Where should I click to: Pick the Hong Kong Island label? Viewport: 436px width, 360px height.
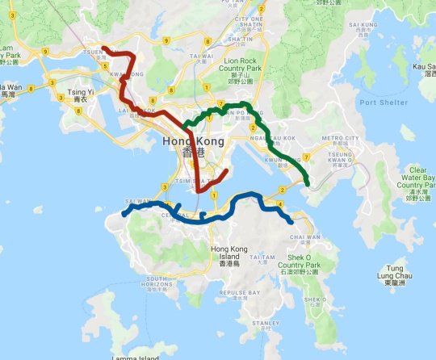[229, 254]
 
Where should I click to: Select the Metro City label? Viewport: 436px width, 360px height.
[338, 138]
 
